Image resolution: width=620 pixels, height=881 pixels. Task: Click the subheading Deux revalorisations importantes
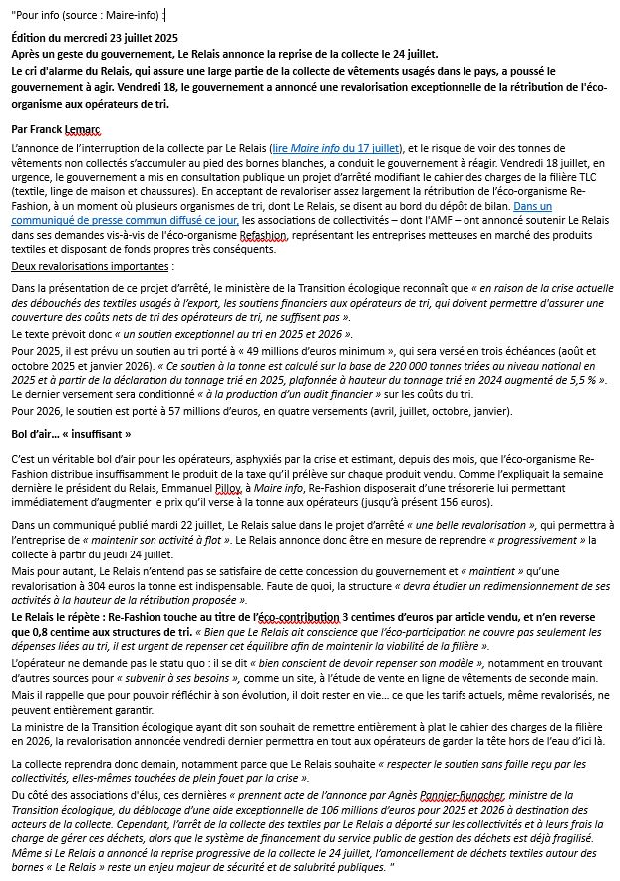(91, 266)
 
